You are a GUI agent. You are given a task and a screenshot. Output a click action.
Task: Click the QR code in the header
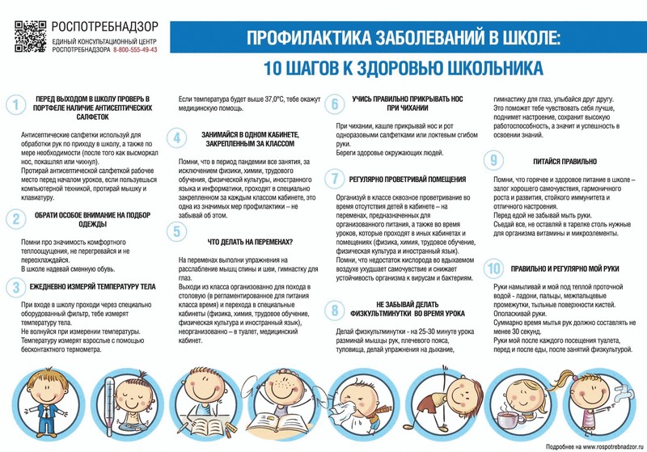coord(30,36)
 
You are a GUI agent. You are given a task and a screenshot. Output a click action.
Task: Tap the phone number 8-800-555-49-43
coord(136,50)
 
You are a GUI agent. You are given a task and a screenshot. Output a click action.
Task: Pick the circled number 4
coord(176,138)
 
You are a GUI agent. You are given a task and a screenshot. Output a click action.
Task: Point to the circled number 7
coord(334,178)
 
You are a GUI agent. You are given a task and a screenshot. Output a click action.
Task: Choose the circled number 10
coord(493,268)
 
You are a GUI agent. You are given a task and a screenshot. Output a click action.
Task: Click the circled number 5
coord(176,232)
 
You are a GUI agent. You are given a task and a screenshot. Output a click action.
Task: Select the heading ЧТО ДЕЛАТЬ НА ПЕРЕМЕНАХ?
coord(250,242)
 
